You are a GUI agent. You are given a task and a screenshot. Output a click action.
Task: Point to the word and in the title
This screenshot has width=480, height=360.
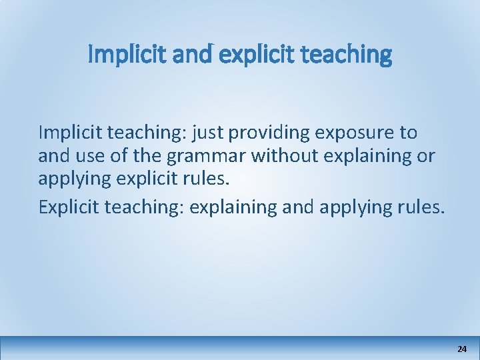pos(190,55)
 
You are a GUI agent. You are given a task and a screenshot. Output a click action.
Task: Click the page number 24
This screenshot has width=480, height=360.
pos(462,349)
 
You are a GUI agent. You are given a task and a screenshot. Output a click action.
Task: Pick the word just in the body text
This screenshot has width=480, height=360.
pos(207,133)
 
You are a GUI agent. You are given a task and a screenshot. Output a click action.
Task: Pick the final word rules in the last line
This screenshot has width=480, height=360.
pos(420,207)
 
